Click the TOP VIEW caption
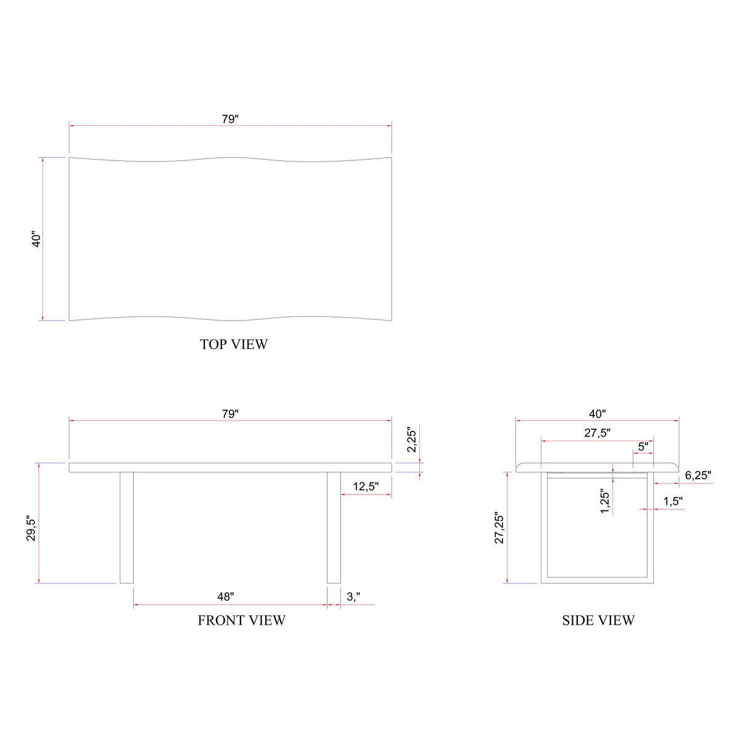click(x=234, y=344)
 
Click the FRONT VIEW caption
click(x=242, y=620)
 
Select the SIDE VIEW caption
click(x=598, y=620)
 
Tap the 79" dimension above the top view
click(x=230, y=119)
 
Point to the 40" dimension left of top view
click(x=36, y=239)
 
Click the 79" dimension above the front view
click(x=230, y=414)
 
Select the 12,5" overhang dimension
click(x=366, y=486)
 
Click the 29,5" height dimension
click(x=31, y=530)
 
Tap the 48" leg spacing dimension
click(x=226, y=596)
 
